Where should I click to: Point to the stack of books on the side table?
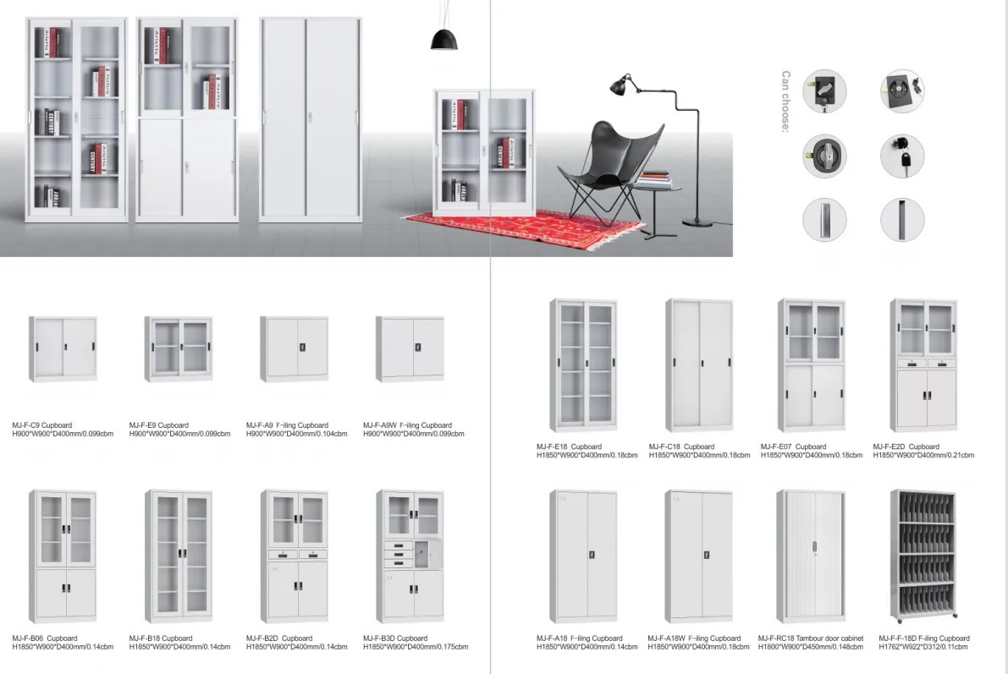coord(654,179)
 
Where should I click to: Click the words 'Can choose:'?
coord(785,102)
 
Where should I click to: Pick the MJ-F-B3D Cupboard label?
coord(395,638)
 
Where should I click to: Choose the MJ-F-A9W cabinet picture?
coord(410,348)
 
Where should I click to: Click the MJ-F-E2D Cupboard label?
coord(906,447)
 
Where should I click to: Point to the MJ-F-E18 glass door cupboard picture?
coord(584,364)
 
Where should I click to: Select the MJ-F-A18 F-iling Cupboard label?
coord(580,638)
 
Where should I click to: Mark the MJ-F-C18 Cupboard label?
coord(681,447)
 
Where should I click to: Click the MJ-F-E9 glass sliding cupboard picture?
coord(178,348)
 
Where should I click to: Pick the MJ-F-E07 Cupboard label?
coord(793,447)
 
